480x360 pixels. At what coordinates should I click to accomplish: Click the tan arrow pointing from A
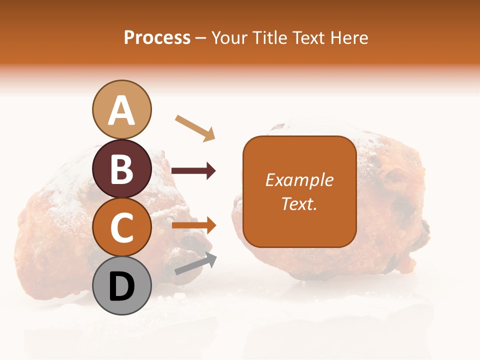[195, 127]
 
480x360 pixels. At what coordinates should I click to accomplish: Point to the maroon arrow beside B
[193, 171]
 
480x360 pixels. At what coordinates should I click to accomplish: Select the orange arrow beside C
[193, 225]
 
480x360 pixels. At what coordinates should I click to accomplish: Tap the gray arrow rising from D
[195, 263]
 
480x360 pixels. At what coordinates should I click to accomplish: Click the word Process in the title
[157, 38]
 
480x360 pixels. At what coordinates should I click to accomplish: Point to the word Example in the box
[299, 180]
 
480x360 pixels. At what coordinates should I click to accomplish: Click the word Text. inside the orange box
[299, 203]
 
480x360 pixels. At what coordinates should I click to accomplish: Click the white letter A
[122, 110]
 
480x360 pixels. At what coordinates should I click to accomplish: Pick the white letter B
[122, 169]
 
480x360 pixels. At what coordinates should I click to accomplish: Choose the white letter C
[122, 227]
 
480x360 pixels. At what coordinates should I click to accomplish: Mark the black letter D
[122, 286]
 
